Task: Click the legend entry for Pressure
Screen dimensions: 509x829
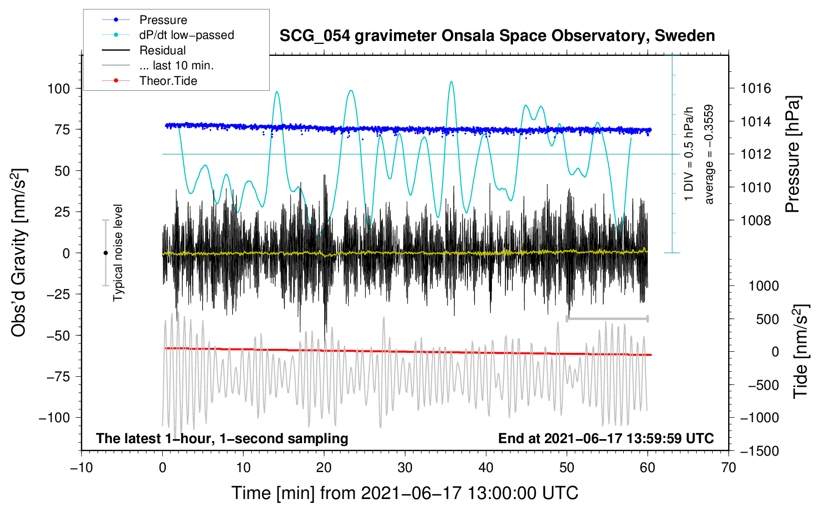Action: click(x=163, y=20)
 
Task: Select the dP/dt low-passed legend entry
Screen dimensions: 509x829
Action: click(x=186, y=35)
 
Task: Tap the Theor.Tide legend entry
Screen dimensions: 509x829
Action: click(x=168, y=81)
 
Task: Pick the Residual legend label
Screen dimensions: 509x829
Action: click(x=162, y=50)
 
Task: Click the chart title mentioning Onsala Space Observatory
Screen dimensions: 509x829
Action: click(x=497, y=36)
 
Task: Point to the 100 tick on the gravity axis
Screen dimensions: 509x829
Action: click(x=58, y=89)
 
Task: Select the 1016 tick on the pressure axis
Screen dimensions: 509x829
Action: click(x=756, y=89)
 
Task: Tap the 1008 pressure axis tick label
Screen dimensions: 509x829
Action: click(x=756, y=221)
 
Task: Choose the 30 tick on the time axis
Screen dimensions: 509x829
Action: click(x=405, y=468)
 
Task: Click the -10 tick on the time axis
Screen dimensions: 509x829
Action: click(x=81, y=468)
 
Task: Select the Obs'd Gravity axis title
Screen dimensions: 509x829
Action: click(x=19, y=253)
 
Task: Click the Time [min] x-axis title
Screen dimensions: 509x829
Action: click(x=405, y=493)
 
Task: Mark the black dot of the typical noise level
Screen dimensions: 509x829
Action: click(x=105, y=253)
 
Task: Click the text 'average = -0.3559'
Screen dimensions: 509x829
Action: click(x=709, y=155)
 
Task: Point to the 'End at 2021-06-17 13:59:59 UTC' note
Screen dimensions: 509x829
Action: click(x=606, y=438)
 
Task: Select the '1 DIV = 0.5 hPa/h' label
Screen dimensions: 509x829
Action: click(x=689, y=154)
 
